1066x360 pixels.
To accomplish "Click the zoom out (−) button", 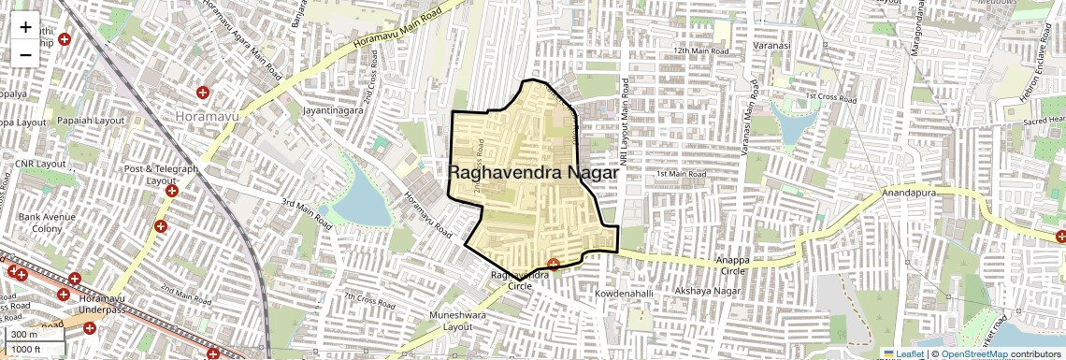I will [25, 54].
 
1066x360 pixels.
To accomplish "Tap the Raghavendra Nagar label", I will [533, 173].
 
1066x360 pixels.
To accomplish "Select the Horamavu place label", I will [208, 115].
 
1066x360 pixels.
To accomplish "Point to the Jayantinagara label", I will [332, 109].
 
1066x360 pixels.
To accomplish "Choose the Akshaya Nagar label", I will [713, 292].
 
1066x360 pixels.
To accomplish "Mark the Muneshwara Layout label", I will [459, 321].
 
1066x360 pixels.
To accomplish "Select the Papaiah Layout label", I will [91, 121].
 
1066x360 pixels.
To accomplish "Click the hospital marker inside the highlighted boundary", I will [554, 265].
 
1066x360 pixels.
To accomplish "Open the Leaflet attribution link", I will [903, 353].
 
